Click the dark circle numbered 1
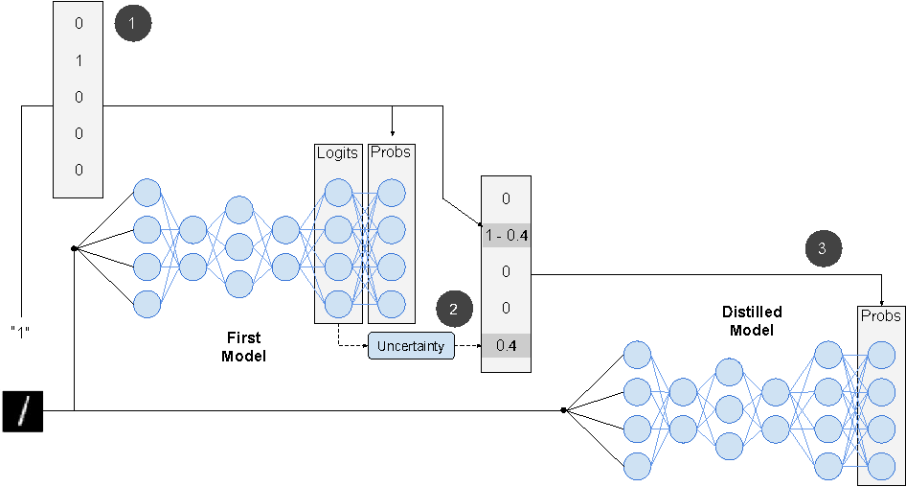132,24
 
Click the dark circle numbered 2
454,310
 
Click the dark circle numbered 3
823,248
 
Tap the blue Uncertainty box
411,345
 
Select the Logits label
336,152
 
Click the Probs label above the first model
391,152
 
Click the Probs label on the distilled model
880,315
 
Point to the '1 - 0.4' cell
506,236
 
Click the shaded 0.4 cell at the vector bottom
506,345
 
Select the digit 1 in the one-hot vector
79,60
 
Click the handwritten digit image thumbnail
23,410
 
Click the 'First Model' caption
243,346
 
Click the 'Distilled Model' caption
752,320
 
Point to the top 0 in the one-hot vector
79,24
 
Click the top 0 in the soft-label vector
506,199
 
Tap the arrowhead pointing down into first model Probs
393,132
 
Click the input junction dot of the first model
74,248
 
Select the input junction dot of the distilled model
564,410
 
